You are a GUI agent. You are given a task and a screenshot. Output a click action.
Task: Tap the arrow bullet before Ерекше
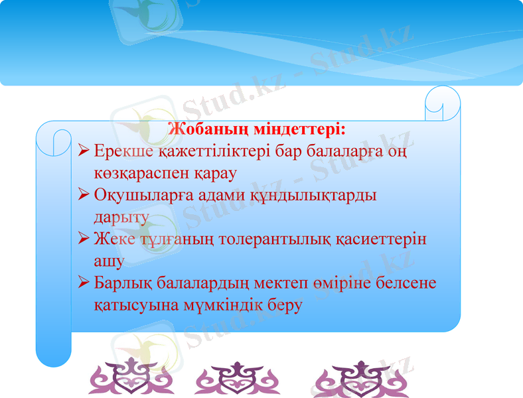tap(84, 151)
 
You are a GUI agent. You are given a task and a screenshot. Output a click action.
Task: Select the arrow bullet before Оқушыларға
tap(84, 195)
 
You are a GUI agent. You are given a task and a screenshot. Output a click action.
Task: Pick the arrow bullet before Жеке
tap(84, 238)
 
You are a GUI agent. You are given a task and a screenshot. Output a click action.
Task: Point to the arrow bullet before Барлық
tap(84, 283)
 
